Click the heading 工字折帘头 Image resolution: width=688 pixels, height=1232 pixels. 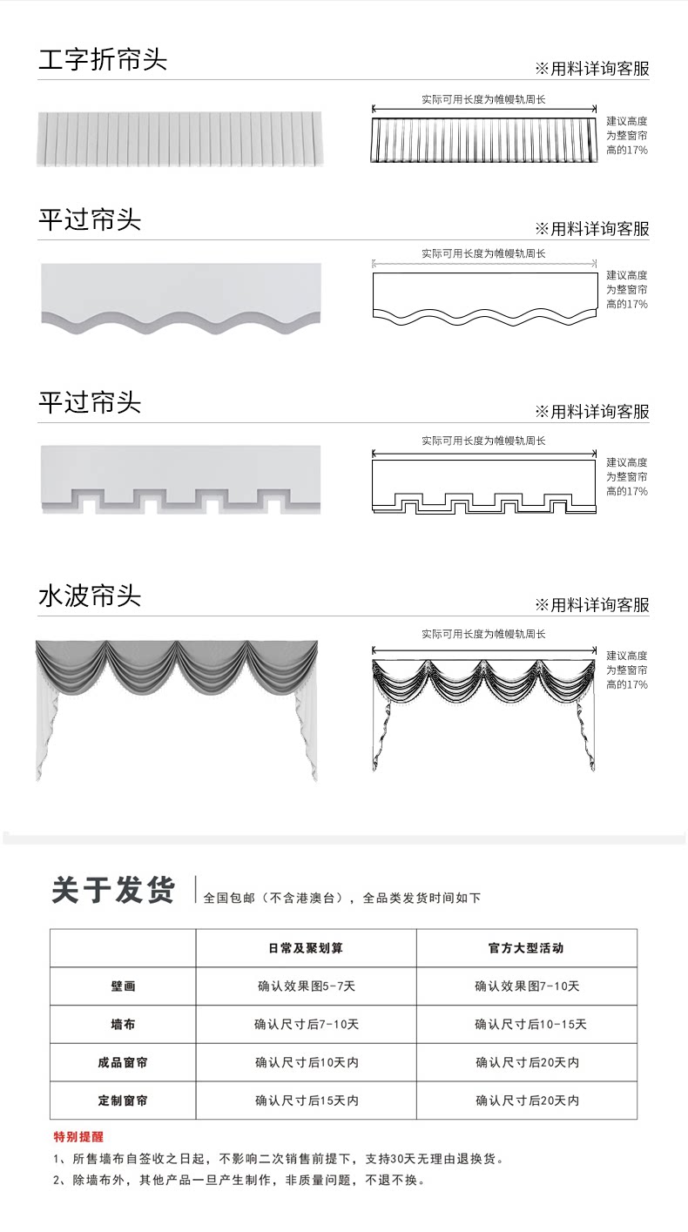tap(103, 60)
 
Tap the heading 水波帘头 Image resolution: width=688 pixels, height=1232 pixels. tap(90, 596)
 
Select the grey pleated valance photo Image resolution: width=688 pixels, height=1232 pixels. tap(180, 139)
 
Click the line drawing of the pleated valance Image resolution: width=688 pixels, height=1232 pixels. tap(484, 140)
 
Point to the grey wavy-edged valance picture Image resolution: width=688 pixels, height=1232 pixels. tap(181, 299)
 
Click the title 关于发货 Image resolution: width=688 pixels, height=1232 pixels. tap(113, 891)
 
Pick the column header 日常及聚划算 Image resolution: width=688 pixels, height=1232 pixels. tap(306, 948)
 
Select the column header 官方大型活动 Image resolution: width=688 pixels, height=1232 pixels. tap(526, 948)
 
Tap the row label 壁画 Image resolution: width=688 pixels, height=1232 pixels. tap(123, 986)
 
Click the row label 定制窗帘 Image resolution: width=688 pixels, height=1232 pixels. tap(123, 1101)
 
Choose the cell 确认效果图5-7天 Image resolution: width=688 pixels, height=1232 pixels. tap(306, 986)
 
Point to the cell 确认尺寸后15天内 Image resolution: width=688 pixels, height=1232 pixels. tap(307, 1101)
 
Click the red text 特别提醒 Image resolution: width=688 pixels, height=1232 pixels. tap(78, 1137)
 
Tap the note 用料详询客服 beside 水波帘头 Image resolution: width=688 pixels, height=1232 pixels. tap(592, 605)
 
